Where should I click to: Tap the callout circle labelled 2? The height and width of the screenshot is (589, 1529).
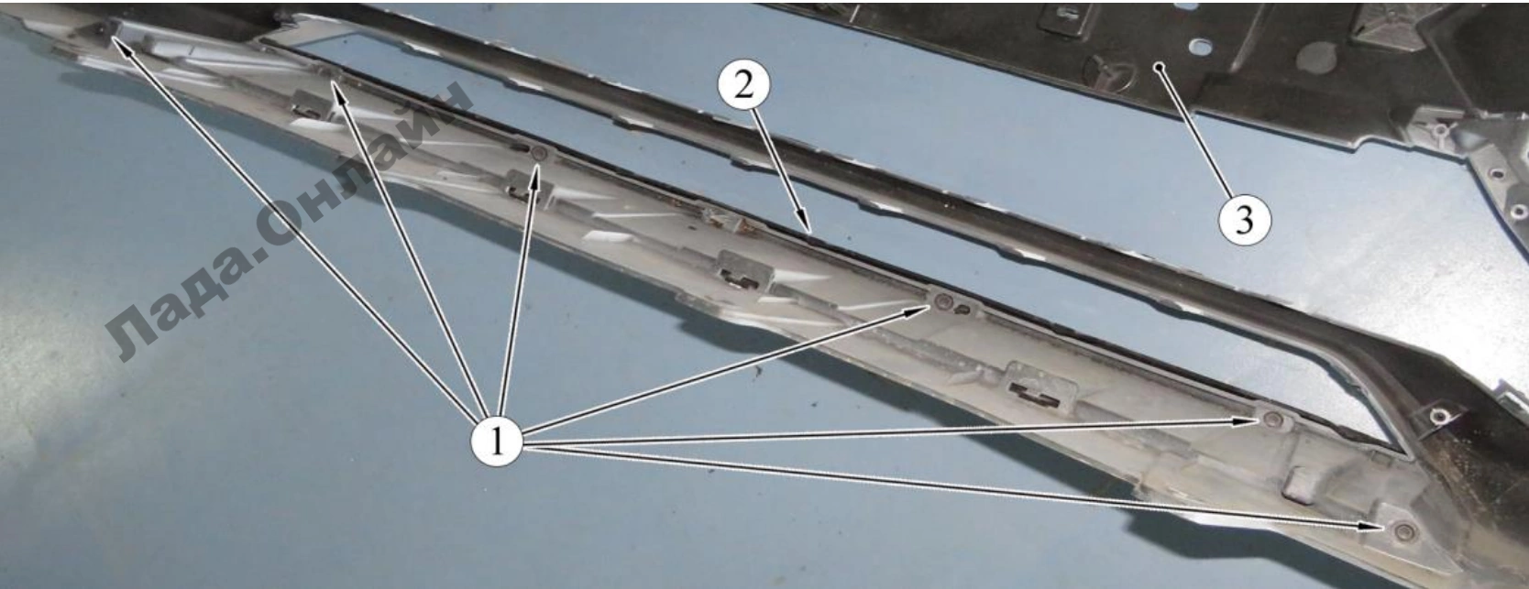click(x=744, y=85)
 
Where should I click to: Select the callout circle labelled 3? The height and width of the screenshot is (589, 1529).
click(x=1245, y=220)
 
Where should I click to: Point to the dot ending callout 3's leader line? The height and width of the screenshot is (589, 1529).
click(x=1159, y=67)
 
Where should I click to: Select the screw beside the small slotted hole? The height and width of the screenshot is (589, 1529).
click(x=943, y=300)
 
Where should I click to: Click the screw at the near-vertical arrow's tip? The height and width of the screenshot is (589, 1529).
click(x=539, y=154)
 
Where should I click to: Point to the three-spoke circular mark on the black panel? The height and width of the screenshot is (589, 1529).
click(x=1109, y=75)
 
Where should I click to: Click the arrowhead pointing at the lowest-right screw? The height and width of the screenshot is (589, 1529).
click(x=1372, y=527)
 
